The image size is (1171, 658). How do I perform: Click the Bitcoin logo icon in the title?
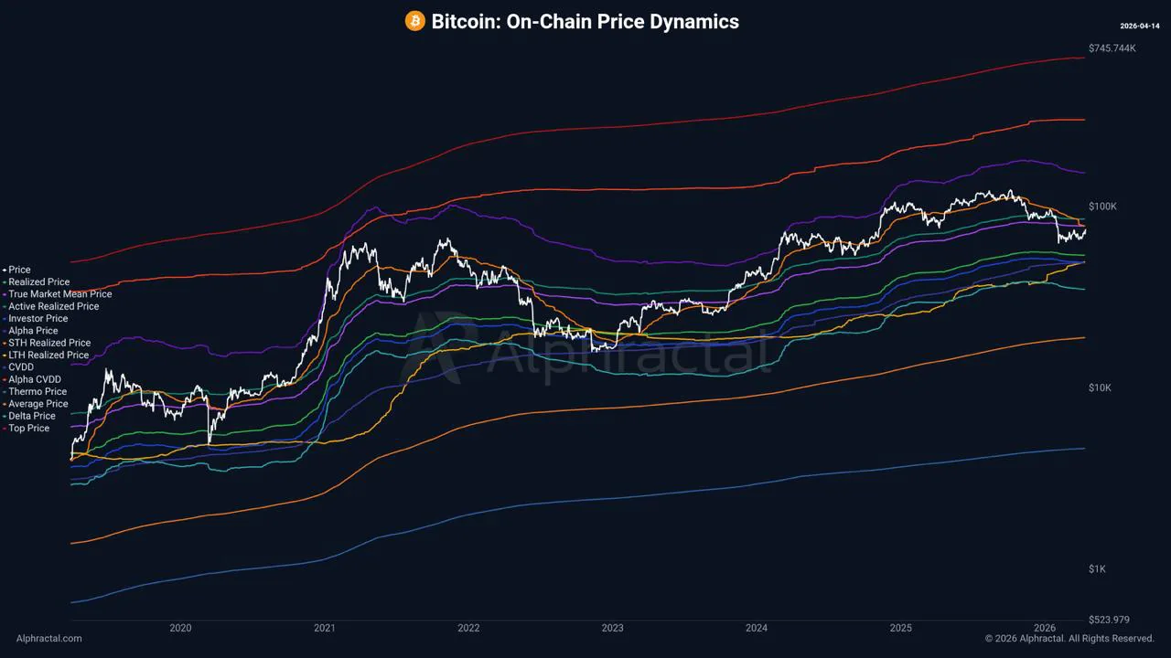(x=415, y=21)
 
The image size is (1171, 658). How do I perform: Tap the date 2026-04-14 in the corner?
(x=1141, y=26)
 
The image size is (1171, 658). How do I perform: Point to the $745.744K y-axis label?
(x=1112, y=48)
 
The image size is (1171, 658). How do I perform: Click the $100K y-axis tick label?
(x=1102, y=207)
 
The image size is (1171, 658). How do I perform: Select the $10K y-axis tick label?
(x=1100, y=387)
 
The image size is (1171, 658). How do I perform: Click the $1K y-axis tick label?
(x=1097, y=568)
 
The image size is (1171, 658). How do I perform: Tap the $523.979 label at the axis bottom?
(x=1109, y=620)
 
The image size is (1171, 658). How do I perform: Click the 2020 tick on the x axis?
(x=180, y=628)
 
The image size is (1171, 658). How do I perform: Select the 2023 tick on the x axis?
(x=612, y=628)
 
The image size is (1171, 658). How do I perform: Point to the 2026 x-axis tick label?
(x=1045, y=628)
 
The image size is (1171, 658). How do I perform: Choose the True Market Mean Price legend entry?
(x=59, y=294)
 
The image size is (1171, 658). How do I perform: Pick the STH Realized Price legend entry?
(x=49, y=343)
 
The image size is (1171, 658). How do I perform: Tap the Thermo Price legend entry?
(x=38, y=391)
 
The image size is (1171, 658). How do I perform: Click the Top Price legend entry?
(x=29, y=428)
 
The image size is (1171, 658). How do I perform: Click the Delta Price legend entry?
(x=32, y=416)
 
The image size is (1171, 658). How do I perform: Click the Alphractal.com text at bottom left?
(x=48, y=639)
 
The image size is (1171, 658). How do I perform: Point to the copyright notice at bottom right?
(x=1069, y=639)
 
